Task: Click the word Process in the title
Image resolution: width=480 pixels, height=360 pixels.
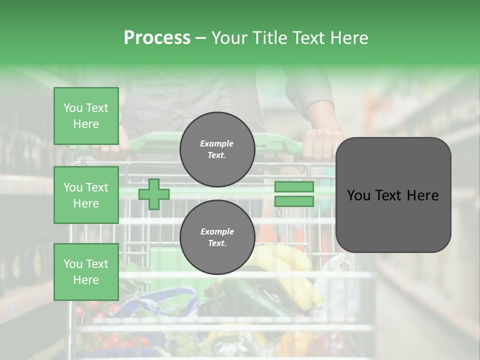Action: click(x=157, y=38)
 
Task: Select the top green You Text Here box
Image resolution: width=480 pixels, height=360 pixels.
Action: click(x=86, y=116)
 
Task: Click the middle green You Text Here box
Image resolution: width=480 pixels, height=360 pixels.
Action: click(x=86, y=195)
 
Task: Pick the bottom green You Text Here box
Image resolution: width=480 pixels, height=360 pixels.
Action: click(x=86, y=272)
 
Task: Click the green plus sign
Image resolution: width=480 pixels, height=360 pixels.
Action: click(x=154, y=194)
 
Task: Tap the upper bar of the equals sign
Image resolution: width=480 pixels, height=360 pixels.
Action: click(x=294, y=187)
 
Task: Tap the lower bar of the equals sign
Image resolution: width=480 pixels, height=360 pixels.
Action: click(x=294, y=201)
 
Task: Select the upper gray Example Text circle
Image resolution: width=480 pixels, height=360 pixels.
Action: click(x=217, y=149)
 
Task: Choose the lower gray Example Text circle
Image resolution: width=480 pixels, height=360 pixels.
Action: click(x=217, y=237)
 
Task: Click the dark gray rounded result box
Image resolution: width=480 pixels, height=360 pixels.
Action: click(x=393, y=195)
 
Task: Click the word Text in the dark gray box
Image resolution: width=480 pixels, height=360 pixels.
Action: click(x=393, y=195)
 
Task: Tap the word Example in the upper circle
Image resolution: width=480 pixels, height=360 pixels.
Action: click(x=217, y=143)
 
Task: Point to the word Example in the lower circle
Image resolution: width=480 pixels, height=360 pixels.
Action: click(x=217, y=231)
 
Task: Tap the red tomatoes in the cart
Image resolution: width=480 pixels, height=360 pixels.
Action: click(x=112, y=340)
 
